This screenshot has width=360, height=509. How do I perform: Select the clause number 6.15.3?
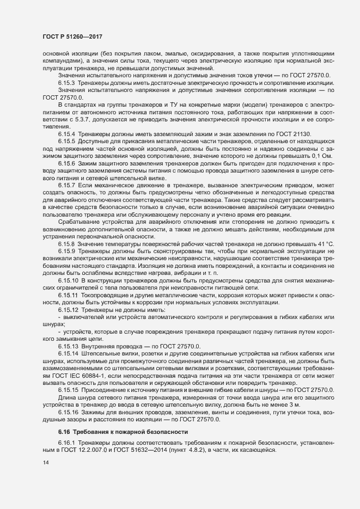click(x=66, y=82)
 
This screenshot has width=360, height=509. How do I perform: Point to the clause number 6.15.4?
click(x=66, y=133)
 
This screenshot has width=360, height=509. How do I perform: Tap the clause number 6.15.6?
click(x=66, y=163)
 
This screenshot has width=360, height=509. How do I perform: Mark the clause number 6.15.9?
click(x=66, y=252)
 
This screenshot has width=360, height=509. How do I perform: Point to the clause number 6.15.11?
click(x=68, y=295)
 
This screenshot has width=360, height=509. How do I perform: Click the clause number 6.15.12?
click(x=68, y=309)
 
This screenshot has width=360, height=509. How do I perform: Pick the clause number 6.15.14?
click(x=68, y=354)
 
